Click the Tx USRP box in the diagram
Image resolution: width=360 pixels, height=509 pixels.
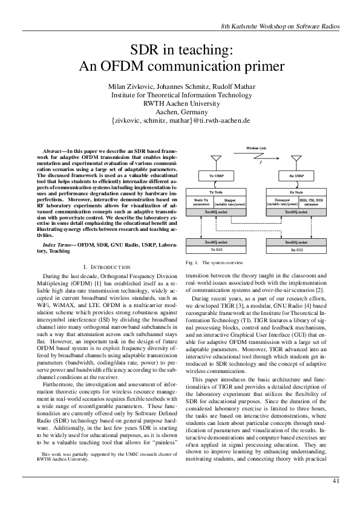tap(215, 176)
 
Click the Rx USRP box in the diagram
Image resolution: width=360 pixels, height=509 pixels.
tap(296, 176)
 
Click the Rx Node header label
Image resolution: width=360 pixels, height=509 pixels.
tap(296, 192)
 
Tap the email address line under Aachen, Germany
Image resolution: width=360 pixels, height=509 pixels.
tap(180, 121)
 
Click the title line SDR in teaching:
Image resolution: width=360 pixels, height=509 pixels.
tap(180, 50)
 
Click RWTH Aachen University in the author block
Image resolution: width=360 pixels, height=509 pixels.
tap(180, 103)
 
